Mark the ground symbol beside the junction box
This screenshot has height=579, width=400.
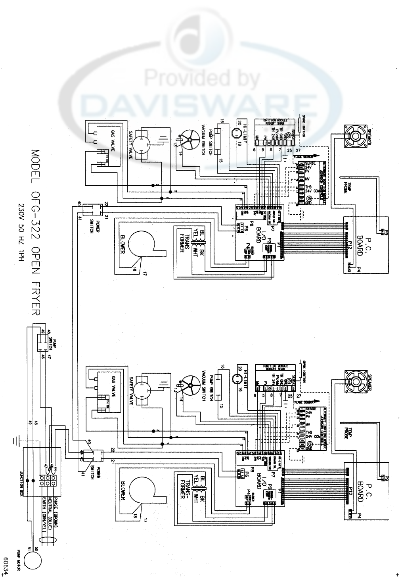tap(15, 441)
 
